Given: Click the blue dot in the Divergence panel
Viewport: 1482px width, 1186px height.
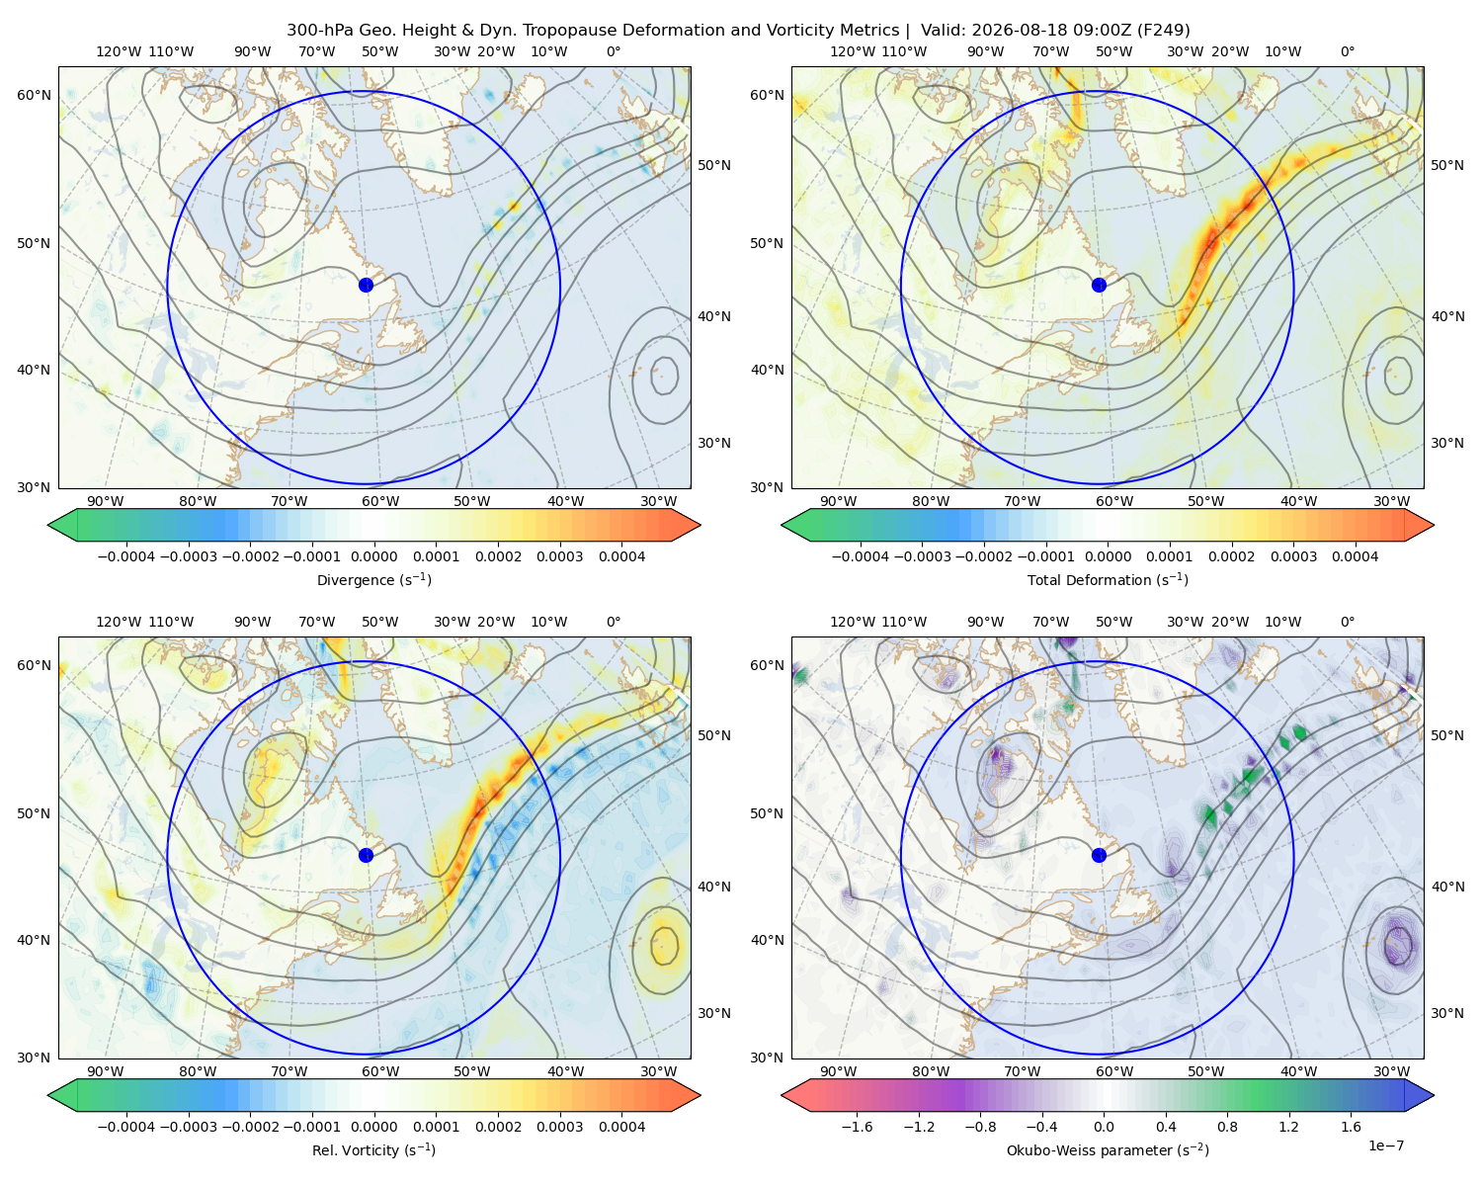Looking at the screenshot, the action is [x=366, y=285].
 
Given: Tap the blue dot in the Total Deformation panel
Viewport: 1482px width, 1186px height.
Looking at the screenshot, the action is [x=1099, y=285].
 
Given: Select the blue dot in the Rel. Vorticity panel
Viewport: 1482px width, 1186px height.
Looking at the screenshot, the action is [x=366, y=855].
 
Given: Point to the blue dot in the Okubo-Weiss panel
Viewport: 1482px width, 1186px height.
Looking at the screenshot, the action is [x=1099, y=855].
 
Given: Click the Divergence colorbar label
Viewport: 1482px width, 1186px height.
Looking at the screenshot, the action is [x=373, y=579].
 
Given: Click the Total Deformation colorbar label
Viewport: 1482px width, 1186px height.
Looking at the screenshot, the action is [x=1108, y=579].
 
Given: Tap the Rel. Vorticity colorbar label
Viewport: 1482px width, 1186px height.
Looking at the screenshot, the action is [x=373, y=1149].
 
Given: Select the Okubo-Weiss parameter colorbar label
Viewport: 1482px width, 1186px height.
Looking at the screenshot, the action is [x=1108, y=1149].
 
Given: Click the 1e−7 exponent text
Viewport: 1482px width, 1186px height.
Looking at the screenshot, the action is [x=1385, y=1145].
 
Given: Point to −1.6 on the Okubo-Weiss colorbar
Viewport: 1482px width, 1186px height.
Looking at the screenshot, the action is [x=857, y=1126].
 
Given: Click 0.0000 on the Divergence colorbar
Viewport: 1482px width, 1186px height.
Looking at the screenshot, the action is [x=373, y=556].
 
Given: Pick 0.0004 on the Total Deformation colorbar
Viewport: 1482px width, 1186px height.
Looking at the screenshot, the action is [x=1355, y=556].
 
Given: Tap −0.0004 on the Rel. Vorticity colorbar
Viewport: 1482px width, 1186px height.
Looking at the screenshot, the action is [x=126, y=1126].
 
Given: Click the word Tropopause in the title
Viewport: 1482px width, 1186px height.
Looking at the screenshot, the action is [x=576, y=31].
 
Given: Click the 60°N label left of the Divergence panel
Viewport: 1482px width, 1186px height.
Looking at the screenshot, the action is [x=34, y=95].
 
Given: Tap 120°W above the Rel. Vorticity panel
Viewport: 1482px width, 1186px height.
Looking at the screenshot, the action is [x=119, y=621].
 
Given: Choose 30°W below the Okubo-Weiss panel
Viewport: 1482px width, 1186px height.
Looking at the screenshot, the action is [x=1391, y=1070].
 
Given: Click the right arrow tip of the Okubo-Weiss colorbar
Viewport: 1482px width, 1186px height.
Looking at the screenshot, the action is [x=1434, y=1094].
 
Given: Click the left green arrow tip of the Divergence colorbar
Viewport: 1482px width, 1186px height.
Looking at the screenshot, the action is [x=48, y=525].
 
